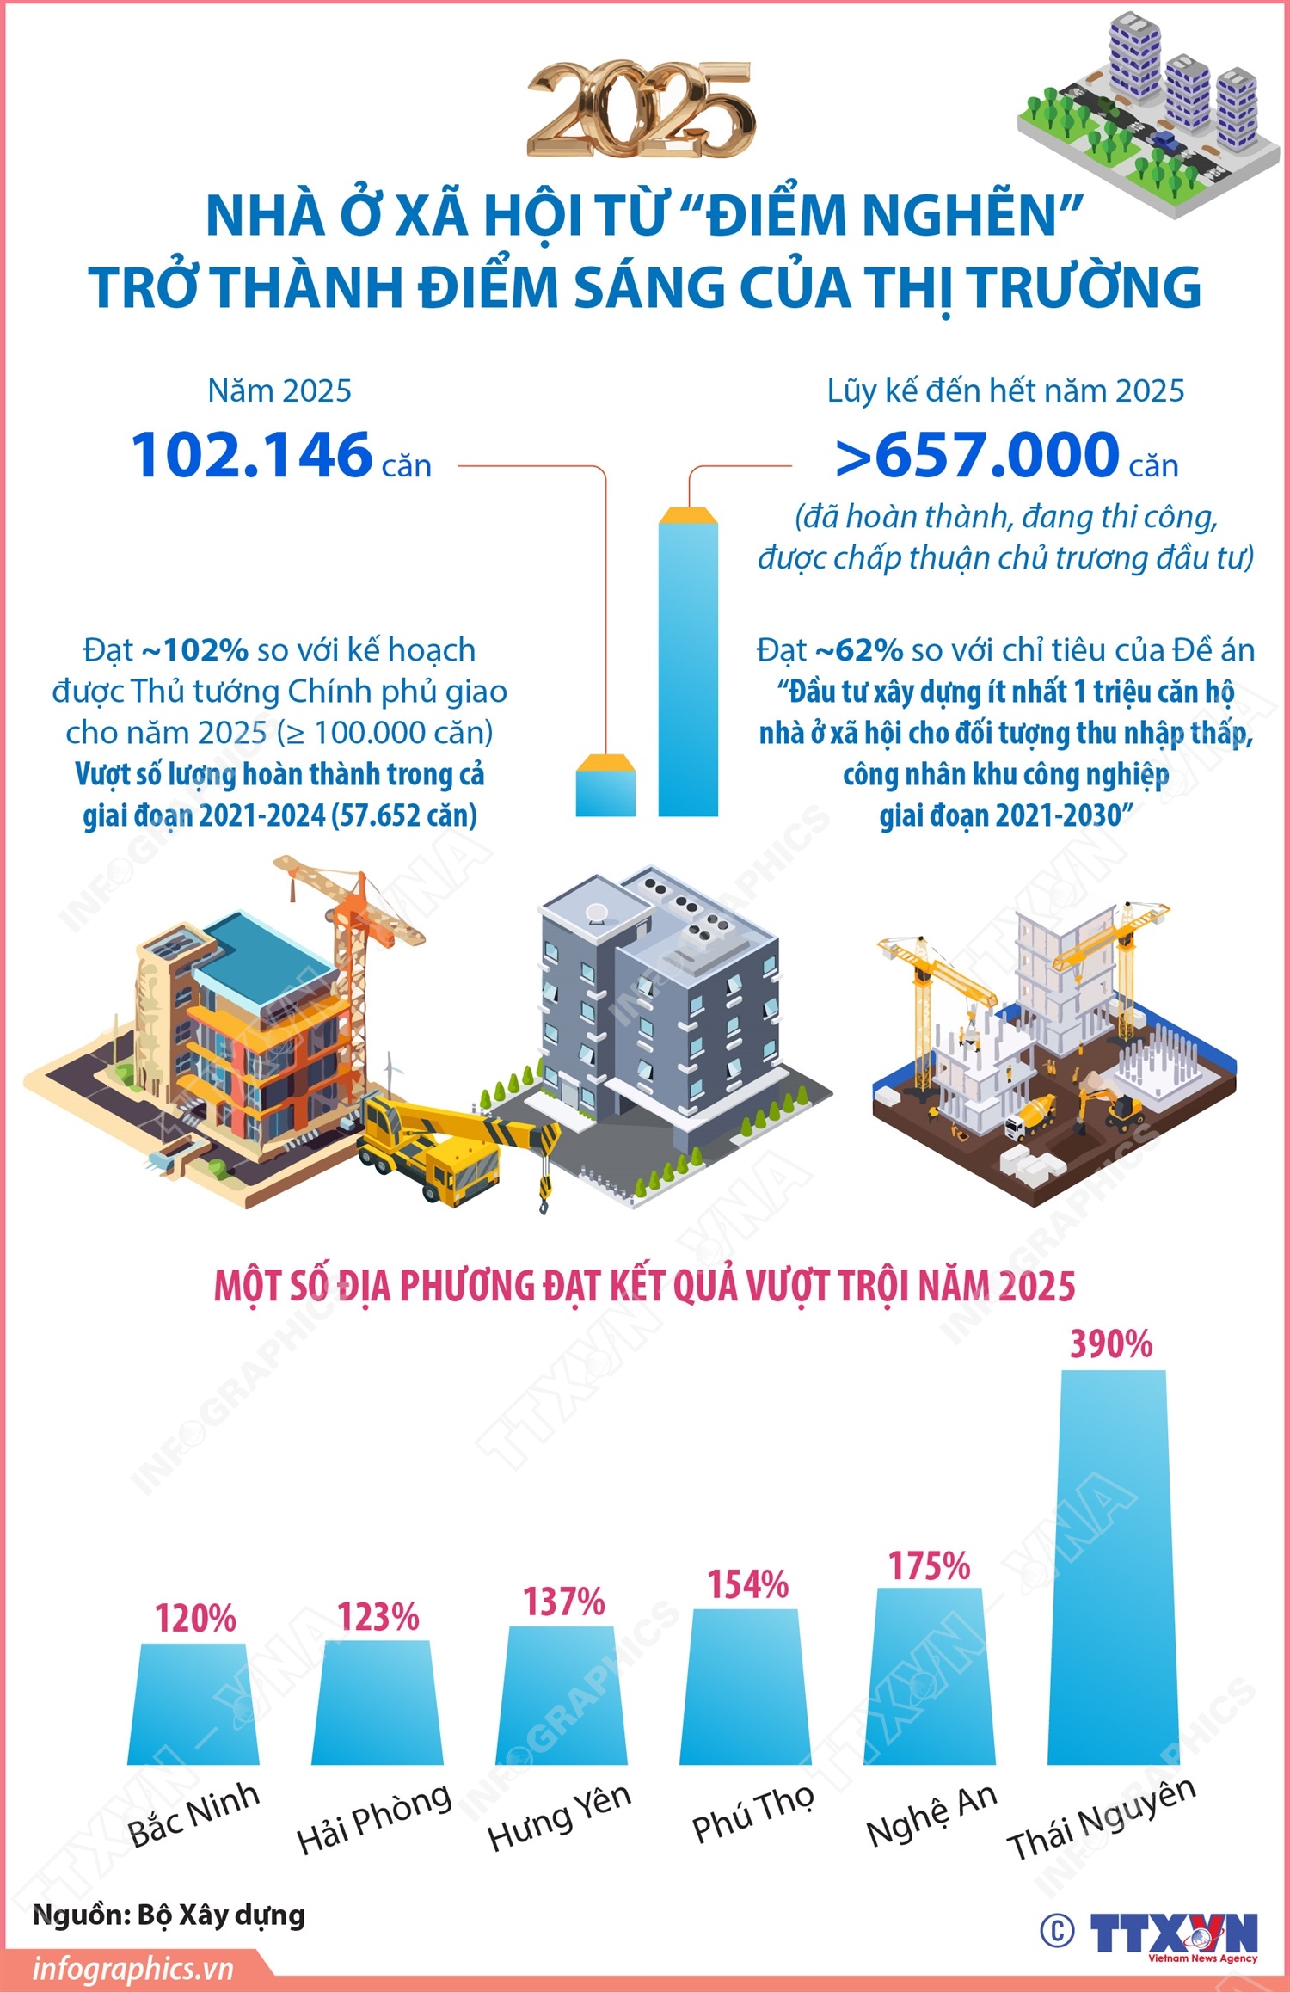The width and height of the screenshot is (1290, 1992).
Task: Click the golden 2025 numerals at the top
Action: pyautogui.click(x=641, y=110)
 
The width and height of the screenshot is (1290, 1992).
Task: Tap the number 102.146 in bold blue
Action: pyautogui.click(x=251, y=455)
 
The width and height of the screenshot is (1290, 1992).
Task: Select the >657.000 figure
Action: pyautogui.click(x=977, y=455)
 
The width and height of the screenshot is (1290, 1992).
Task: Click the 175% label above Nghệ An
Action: pyautogui.click(x=929, y=1566)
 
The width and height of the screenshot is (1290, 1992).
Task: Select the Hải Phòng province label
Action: pyautogui.click(x=373, y=1818)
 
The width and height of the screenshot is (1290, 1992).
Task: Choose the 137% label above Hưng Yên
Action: pyautogui.click(x=564, y=1602)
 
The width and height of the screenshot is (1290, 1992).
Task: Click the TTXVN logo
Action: pyautogui.click(x=1174, y=1934)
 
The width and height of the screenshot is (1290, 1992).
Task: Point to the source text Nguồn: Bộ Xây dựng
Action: pyautogui.click(x=169, y=1915)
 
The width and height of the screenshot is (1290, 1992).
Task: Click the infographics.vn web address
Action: pyautogui.click(x=133, y=1969)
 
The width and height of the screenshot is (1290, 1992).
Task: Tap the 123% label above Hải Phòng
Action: pyautogui.click(x=378, y=1618)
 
